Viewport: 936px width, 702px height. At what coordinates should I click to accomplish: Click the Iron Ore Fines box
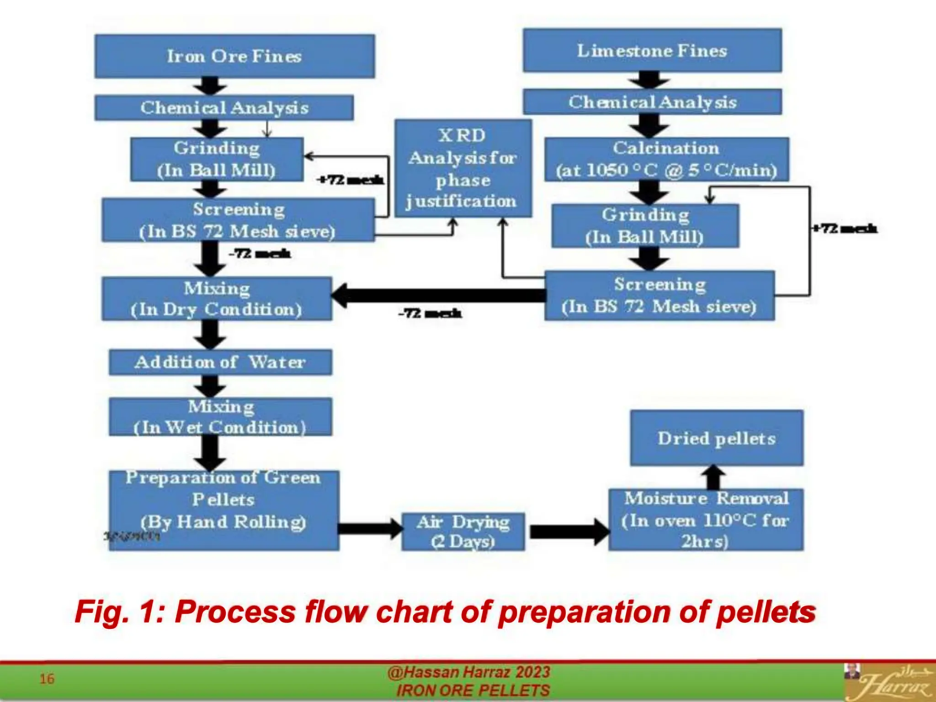coord(234,56)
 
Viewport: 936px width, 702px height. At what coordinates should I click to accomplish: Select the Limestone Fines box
coord(652,50)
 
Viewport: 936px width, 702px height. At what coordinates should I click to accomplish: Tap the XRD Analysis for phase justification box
coord(463,168)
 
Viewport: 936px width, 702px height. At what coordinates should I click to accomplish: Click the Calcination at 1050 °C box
coord(666,159)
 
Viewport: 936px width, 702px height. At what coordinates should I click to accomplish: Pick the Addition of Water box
coord(220,362)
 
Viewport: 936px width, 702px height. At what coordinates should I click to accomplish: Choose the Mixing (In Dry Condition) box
coord(217,298)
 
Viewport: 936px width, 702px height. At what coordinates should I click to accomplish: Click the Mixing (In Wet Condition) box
coord(220,416)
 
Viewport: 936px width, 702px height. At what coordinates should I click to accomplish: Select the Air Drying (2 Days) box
coord(463,532)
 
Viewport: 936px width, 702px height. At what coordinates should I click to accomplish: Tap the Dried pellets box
coord(717,438)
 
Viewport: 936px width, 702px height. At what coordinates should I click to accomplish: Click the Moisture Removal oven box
coord(706,520)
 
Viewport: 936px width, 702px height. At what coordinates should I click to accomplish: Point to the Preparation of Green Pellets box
coord(224,510)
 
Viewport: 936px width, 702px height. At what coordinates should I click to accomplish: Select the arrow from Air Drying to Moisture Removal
coord(569,532)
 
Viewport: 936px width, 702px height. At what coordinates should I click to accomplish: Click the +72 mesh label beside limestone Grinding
coord(845,229)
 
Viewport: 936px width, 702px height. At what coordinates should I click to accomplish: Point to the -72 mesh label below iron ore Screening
coord(260,254)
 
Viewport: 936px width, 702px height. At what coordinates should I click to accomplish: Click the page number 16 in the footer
coord(47,679)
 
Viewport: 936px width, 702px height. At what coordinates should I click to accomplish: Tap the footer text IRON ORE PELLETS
coord(473,691)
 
